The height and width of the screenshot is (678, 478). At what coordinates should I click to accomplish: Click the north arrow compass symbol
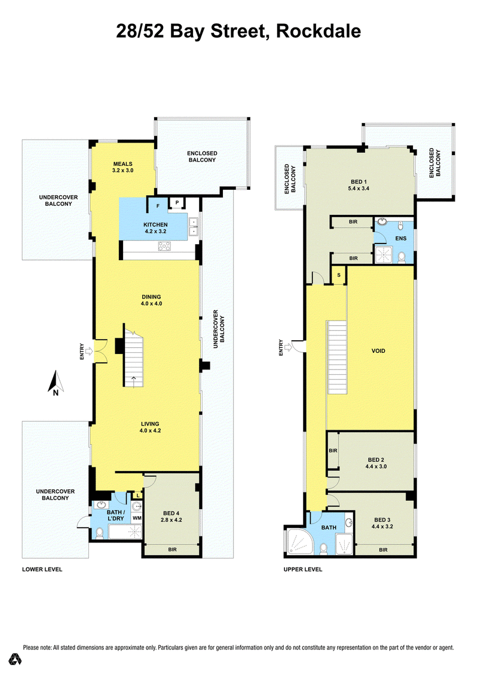[x=56, y=383]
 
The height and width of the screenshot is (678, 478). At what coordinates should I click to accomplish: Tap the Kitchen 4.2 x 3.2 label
[x=155, y=228]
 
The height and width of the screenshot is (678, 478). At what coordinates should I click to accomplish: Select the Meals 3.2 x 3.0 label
[x=123, y=167]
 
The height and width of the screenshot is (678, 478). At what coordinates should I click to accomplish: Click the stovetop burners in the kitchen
[x=164, y=246]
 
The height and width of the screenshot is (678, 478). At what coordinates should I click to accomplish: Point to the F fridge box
[x=158, y=206]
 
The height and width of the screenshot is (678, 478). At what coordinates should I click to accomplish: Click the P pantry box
[x=177, y=202]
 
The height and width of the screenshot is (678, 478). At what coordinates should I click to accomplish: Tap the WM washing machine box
[x=137, y=518]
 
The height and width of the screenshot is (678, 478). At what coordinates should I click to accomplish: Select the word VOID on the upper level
[x=378, y=351]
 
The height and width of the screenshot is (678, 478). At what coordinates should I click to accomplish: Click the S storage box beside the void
[x=339, y=275]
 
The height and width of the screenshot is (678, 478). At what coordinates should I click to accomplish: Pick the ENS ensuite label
[x=401, y=238]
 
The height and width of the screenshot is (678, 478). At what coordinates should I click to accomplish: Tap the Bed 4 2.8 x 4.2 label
[x=171, y=516]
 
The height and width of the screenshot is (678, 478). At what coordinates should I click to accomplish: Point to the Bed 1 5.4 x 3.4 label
[x=358, y=185]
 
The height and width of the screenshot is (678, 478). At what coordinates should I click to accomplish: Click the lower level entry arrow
[x=89, y=351]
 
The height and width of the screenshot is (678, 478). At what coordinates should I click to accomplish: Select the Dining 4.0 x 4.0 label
[x=152, y=300]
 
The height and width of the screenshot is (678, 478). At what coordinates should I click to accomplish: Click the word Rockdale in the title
[x=318, y=31]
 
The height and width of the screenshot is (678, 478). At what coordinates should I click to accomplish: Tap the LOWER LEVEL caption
[x=42, y=569]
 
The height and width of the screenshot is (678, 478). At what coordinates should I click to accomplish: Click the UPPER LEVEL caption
[x=303, y=569]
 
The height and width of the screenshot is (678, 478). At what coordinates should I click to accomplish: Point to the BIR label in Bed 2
[x=333, y=451]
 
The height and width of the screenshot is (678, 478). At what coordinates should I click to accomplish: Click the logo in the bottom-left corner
[x=16, y=659]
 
